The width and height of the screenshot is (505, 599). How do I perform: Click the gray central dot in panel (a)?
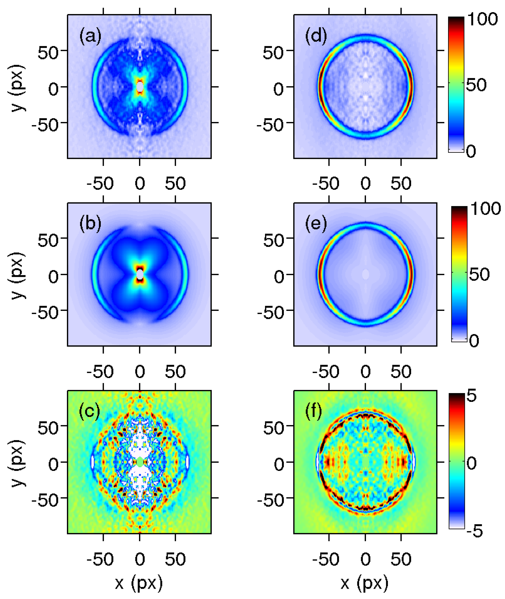[x=140, y=86]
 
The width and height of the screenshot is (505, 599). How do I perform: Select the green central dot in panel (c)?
[x=140, y=462]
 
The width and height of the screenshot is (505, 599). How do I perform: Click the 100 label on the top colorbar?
[x=482, y=20]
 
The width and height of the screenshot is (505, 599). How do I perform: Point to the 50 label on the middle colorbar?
[x=480, y=274]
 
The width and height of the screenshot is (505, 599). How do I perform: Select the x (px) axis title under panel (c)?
[x=139, y=583]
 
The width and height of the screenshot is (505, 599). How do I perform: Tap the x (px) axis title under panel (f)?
[x=364, y=583]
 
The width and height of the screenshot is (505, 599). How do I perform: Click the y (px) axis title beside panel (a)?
[x=18, y=87]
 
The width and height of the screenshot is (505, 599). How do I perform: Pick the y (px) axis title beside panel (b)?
[x=18, y=275]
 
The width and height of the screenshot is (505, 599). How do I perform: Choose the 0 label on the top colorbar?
[x=471, y=151]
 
